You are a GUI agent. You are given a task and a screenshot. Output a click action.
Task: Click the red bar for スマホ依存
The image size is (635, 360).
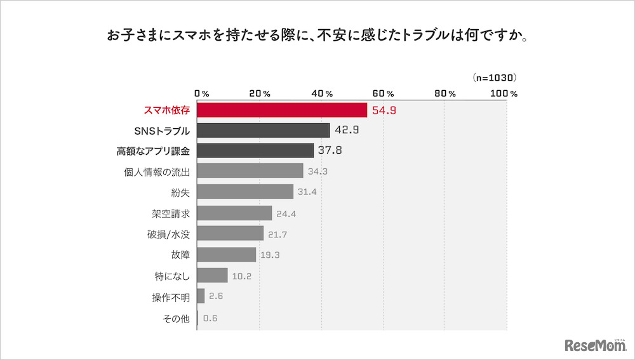[x=282, y=110]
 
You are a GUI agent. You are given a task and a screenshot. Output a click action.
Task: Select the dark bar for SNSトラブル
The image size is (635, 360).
[x=264, y=130]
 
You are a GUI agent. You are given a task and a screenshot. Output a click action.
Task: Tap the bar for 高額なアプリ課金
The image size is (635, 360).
[x=256, y=150]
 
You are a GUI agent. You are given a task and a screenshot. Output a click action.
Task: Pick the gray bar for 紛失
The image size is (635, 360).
[x=246, y=192]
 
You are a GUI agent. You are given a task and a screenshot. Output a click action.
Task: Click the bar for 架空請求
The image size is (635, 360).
[x=235, y=213]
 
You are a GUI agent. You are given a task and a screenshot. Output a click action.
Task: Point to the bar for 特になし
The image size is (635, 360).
[x=213, y=275]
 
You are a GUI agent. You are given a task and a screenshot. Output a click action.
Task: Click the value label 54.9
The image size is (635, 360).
[x=384, y=110]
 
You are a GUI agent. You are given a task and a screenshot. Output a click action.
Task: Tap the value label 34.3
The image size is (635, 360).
[x=318, y=171]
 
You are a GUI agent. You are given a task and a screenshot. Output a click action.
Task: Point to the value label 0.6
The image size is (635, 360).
[x=210, y=319]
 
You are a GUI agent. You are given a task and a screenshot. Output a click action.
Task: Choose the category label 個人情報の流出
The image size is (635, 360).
[x=157, y=171]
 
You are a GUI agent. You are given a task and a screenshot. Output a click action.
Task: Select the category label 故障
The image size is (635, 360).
[x=180, y=255]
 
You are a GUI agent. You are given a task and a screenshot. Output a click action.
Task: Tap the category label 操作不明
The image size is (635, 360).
[x=170, y=296]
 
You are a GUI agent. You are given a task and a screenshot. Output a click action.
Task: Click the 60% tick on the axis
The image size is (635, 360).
[x=383, y=93]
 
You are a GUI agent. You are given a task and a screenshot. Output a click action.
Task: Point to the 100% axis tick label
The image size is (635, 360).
[x=504, y=93]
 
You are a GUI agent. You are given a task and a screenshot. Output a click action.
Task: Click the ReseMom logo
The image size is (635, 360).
[x=595, y=344]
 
